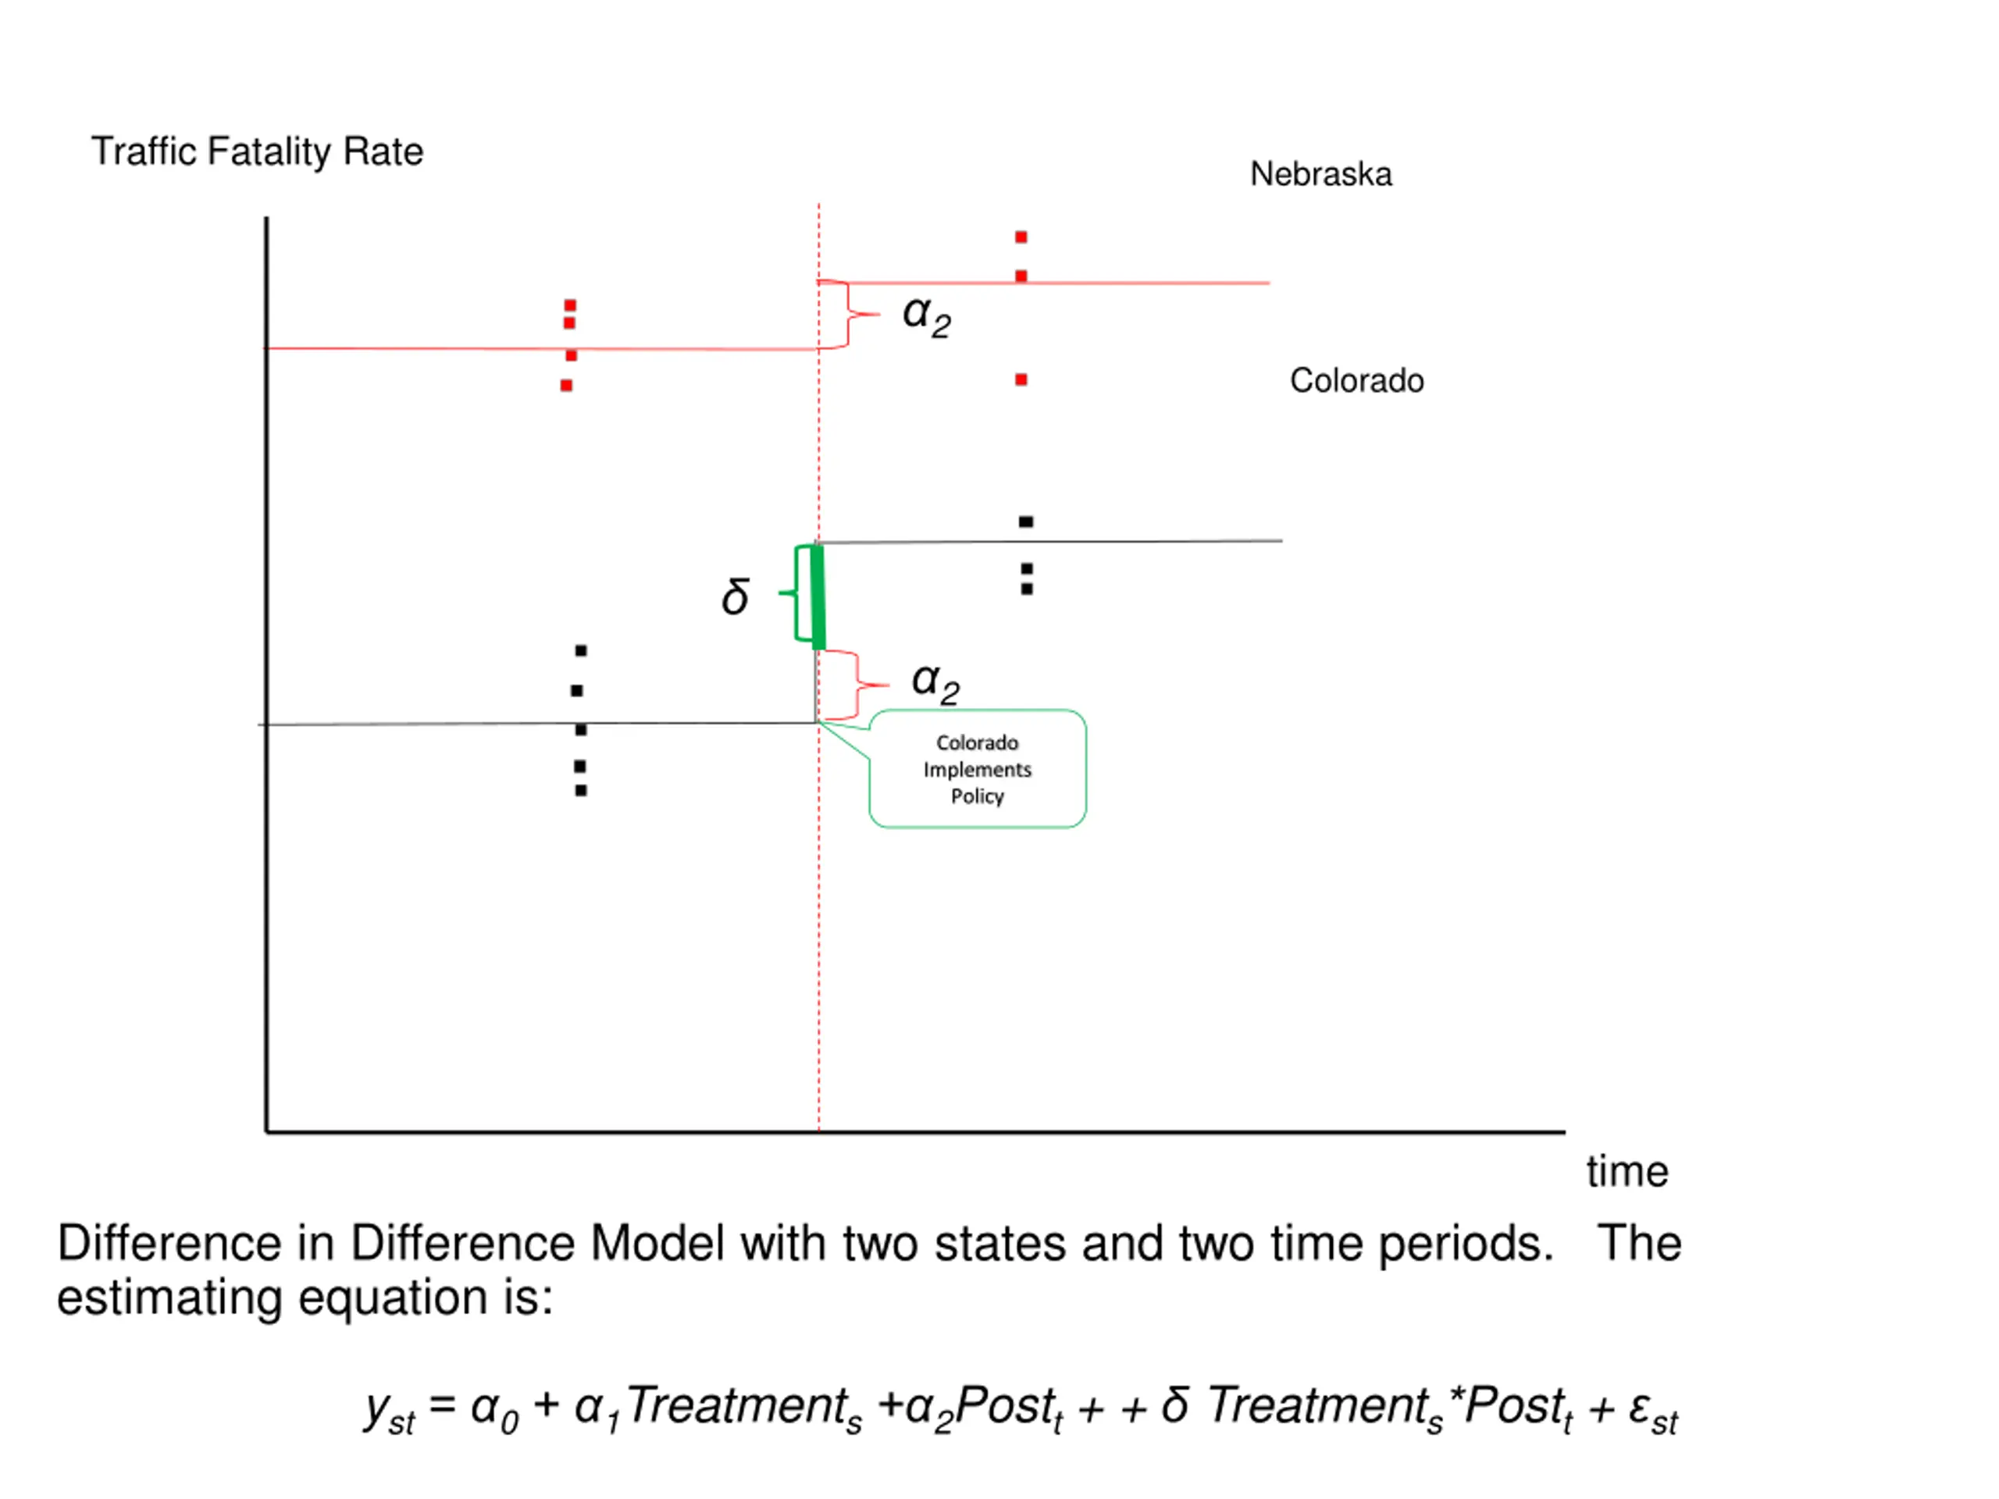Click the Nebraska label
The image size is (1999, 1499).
tap(1320, 174)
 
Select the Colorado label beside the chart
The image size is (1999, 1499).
tap(1356, 380)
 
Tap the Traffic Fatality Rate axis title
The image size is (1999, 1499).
tap(257, 151)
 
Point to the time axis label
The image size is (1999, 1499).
tap(1627, 1171)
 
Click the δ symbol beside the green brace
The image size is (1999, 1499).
tap(736, 596)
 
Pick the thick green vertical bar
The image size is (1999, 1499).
tap(818, 597)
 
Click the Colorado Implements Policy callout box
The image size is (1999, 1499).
tap(977, 769)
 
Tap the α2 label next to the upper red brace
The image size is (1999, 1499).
tap(926, 316)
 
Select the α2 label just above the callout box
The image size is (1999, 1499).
tap(935, 682)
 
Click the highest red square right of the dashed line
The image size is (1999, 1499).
tap(1021, 237)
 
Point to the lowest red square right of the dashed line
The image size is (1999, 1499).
tap(1021, 380)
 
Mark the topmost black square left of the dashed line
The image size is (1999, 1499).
tap(581, 650)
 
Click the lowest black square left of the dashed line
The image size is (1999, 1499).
tap(581, 791)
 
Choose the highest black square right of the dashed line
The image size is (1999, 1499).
tap(1026, 522)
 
